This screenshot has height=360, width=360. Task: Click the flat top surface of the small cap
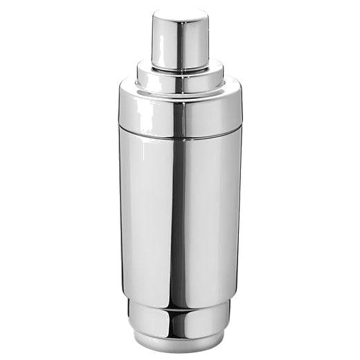[180, 12]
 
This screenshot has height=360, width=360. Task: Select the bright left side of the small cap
[161, 42]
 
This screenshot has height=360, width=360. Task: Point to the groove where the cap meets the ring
[180, 70]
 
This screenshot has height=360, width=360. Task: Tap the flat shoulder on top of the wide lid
[138, 89]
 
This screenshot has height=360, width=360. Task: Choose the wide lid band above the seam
[145, 111]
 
